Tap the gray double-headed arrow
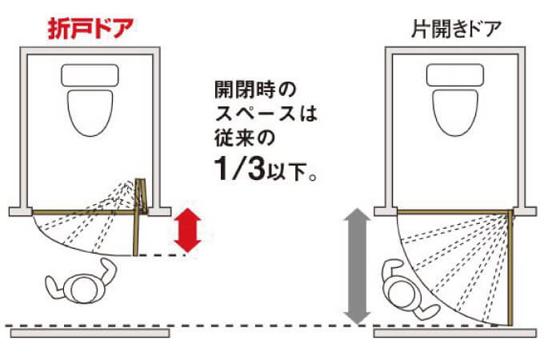(357, 266)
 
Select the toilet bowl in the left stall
(90, 113)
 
